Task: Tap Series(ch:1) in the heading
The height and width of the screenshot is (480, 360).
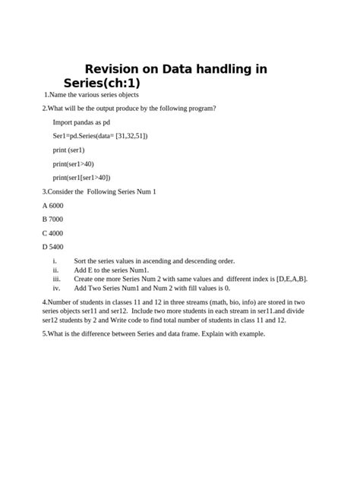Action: pos(103,82)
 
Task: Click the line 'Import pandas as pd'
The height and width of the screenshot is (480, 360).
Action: pos(81,122)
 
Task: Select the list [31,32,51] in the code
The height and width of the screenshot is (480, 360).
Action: pos(131,136)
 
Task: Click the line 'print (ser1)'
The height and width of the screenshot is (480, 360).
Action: pos(68,150)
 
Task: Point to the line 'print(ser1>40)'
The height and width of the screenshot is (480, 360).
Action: pos(73,164)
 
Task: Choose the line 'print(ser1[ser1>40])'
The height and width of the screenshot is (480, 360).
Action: pos(83,178)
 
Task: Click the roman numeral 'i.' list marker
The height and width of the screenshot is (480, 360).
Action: pos(55,261)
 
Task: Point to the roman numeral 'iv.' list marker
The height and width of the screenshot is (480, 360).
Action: pos(56,289)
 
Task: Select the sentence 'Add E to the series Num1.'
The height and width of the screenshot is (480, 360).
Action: pos(112,270)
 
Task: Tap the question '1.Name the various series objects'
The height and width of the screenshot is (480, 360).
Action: pos(90,95)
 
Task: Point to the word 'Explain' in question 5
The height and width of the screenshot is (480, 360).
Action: pos(215,333)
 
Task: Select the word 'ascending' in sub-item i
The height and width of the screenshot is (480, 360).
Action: pos(158,261)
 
